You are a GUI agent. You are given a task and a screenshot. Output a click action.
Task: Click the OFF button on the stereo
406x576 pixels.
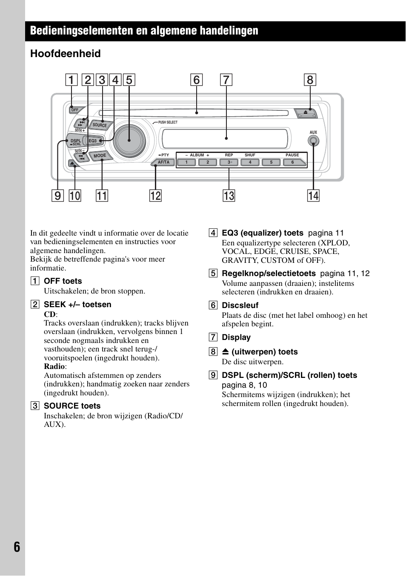[x=75, y=110]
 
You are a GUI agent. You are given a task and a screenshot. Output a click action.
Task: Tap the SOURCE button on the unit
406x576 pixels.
[x=100, y=125]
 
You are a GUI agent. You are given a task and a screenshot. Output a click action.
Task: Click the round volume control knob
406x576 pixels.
[x=129, y=140]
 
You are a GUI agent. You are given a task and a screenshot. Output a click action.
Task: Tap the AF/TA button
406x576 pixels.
[x=163, y=162]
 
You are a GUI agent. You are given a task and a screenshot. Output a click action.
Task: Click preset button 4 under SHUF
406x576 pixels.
[x=250, y=162]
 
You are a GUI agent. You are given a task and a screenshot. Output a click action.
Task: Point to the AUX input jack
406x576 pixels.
[x=313, y=141]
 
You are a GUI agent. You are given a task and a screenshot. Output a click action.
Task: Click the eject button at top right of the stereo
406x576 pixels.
[x=306, y=113]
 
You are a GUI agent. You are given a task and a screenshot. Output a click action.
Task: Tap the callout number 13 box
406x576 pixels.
[x=229, y=196]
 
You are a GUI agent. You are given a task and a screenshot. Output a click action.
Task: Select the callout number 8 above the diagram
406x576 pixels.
[x=310, y=80]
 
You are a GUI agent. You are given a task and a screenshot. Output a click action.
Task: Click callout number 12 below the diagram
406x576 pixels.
[x=155, y=196]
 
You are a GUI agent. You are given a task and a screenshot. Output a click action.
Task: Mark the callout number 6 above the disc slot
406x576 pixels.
[x=196, y=80]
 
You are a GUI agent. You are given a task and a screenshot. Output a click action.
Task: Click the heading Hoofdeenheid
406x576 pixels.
[x=66, y=54]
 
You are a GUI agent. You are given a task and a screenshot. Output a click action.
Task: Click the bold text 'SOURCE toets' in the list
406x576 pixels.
[x=72, y=406]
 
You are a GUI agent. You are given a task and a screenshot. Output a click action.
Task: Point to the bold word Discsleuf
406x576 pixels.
[x=240, y=305]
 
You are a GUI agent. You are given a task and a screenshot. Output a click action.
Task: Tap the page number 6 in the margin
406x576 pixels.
[x=17, y=547]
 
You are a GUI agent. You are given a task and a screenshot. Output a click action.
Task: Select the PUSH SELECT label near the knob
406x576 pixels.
[x=168, y=122]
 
